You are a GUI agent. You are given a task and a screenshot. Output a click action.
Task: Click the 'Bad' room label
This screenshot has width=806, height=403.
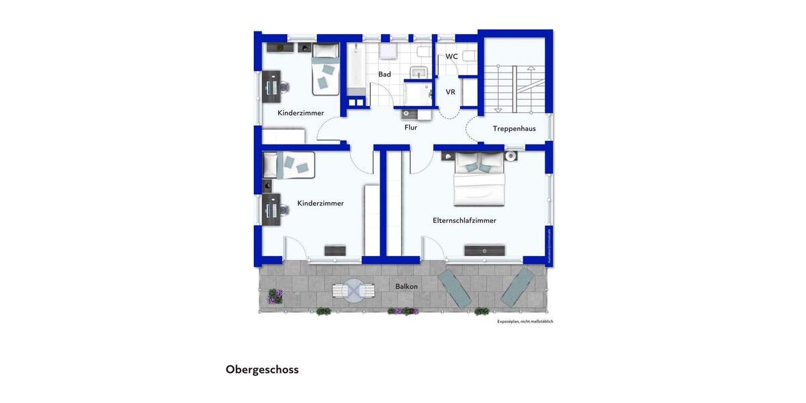click(x=384, y=75)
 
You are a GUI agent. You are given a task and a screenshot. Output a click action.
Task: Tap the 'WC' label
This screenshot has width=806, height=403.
click(x=451, y=56)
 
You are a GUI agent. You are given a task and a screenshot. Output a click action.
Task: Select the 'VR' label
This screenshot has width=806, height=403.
click(x=451, y=92)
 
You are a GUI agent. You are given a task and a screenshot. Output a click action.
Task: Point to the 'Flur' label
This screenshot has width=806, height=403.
click(x=410, y=127)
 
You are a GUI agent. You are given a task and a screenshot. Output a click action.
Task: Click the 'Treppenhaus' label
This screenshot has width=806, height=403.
click(x=514, y=128)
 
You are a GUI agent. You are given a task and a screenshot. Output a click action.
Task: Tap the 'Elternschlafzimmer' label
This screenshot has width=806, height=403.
click(x=464, y=220)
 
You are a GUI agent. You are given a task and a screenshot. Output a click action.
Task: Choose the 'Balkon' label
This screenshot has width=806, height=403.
click(x=406, y=286)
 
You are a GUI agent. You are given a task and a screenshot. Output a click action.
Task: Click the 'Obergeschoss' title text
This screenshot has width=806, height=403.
click(x=262, y=369)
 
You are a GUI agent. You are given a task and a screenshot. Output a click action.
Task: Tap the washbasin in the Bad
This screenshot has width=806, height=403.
click(x=420, y=73)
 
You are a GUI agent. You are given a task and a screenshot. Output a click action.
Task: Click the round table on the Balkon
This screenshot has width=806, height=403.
click(x=353, y=290)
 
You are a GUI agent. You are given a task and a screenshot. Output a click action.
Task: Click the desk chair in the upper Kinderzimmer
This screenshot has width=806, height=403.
click(x=285, y=87)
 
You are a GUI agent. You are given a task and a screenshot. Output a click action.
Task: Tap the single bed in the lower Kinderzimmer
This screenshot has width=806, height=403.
click(x=289, y=165)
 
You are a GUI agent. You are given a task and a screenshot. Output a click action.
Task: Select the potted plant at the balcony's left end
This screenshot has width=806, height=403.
click(x=273, y=296)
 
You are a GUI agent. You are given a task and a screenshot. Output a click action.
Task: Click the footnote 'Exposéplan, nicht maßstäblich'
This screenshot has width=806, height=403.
click(x=525, y=322)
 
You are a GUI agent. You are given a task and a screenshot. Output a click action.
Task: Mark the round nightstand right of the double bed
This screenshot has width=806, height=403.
click(x=510, y=156)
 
